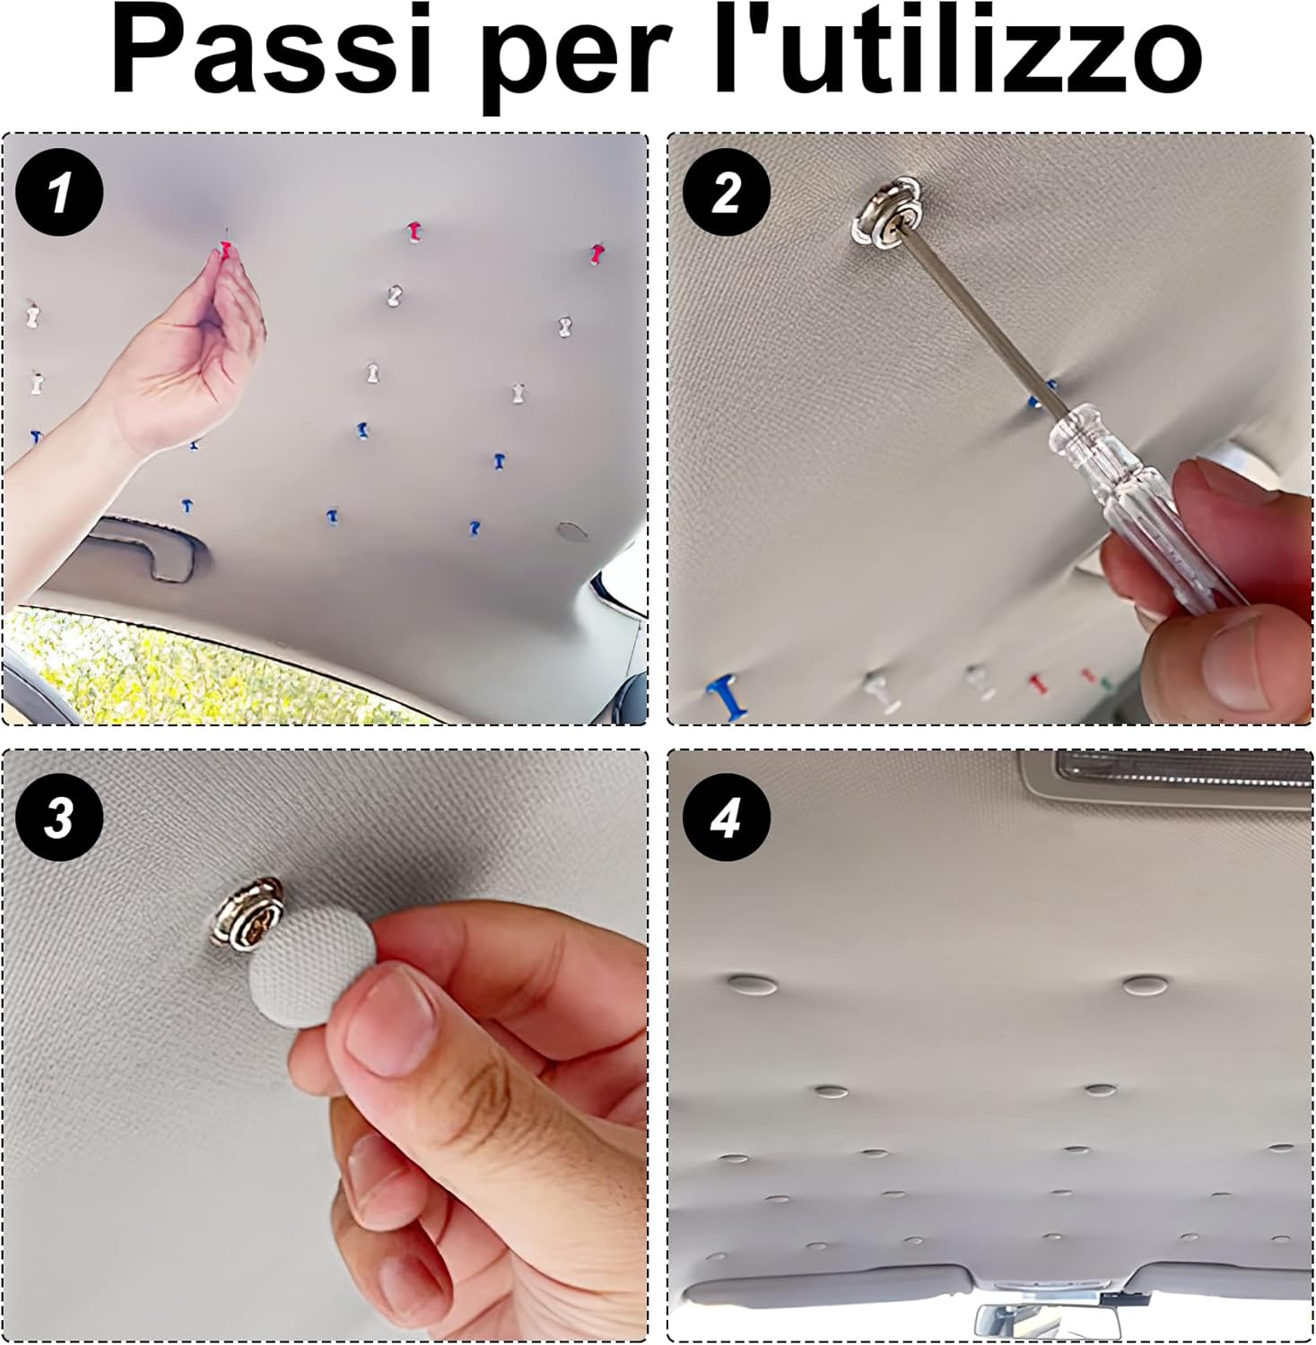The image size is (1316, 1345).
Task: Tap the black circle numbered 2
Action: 725,194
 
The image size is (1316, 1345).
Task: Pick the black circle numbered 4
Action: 725,819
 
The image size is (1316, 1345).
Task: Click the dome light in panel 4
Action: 1166,779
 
